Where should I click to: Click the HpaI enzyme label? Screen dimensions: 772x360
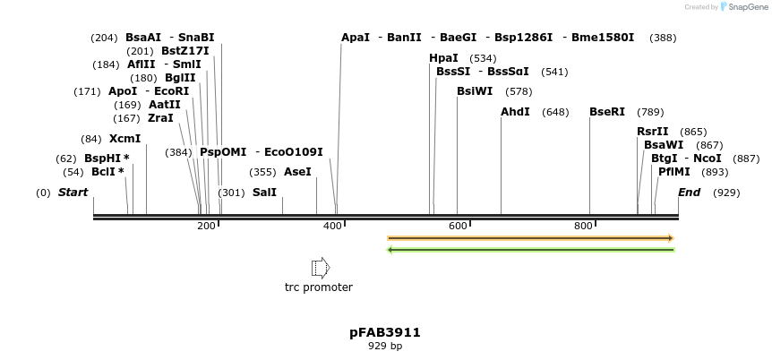click(444, 58)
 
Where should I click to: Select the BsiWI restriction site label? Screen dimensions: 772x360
click(475, 91)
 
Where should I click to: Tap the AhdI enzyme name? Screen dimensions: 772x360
click(515, 112)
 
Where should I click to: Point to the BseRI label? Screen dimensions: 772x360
click(607, 112)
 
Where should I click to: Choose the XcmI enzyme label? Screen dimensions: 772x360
click(125, 139)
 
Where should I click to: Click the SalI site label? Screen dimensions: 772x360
click(264, 193)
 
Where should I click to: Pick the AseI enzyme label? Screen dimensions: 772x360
click(297, 171)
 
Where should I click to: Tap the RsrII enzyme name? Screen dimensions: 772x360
click(653, 132)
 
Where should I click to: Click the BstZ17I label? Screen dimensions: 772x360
click(185, 51)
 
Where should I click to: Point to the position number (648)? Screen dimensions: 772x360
click(555, 112)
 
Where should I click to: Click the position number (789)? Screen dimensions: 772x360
click(650, 112)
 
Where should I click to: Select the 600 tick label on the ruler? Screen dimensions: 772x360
click(458, 226)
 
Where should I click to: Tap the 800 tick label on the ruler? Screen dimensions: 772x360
click(583, 226)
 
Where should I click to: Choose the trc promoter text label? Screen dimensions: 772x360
click(319, 287)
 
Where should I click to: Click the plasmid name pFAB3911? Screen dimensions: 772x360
click(385, 332)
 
